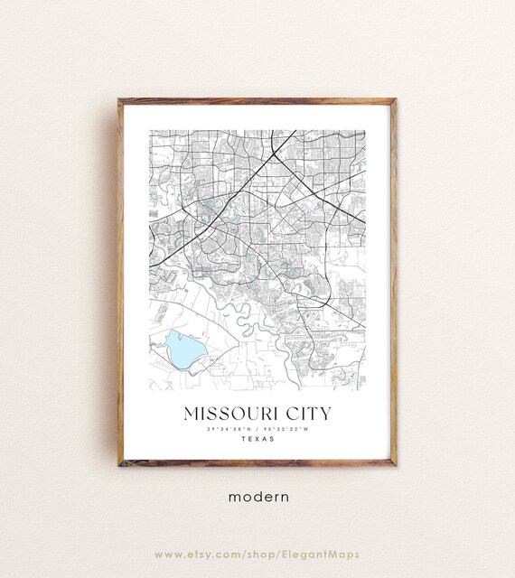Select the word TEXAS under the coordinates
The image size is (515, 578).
click(257, 441)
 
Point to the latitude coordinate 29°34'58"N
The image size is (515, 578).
click(226, 430)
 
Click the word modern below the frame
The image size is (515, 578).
click(257, 496)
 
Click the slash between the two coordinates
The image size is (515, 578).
click(257, 430)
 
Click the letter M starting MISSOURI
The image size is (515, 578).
click(191, 414)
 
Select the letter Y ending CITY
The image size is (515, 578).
click(326, 414)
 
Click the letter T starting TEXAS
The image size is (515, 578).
click(243, 441)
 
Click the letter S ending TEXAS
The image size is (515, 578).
click(272, 441)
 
